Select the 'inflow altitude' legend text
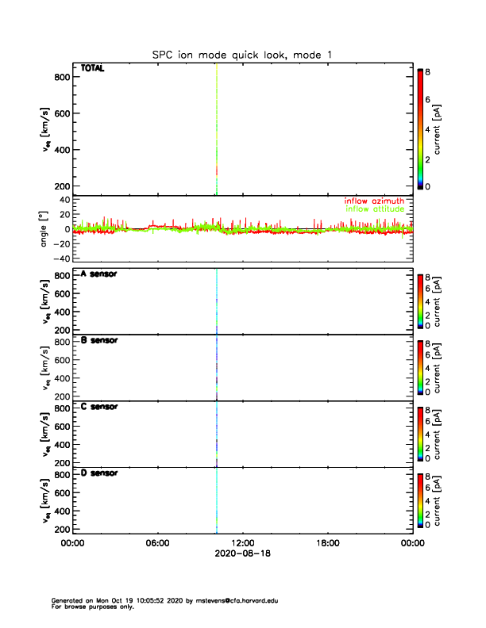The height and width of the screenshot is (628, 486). click(375, 209)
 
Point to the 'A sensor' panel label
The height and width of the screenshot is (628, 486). click(99, 274)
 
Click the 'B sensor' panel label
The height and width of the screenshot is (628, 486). click(99, 340)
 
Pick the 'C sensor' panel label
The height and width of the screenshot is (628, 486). click(99, 407)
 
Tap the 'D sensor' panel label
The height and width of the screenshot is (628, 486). click(99, 473)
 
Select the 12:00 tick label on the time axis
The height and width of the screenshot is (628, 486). click(243, 543)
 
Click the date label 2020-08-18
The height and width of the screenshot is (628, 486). click(242, 553)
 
